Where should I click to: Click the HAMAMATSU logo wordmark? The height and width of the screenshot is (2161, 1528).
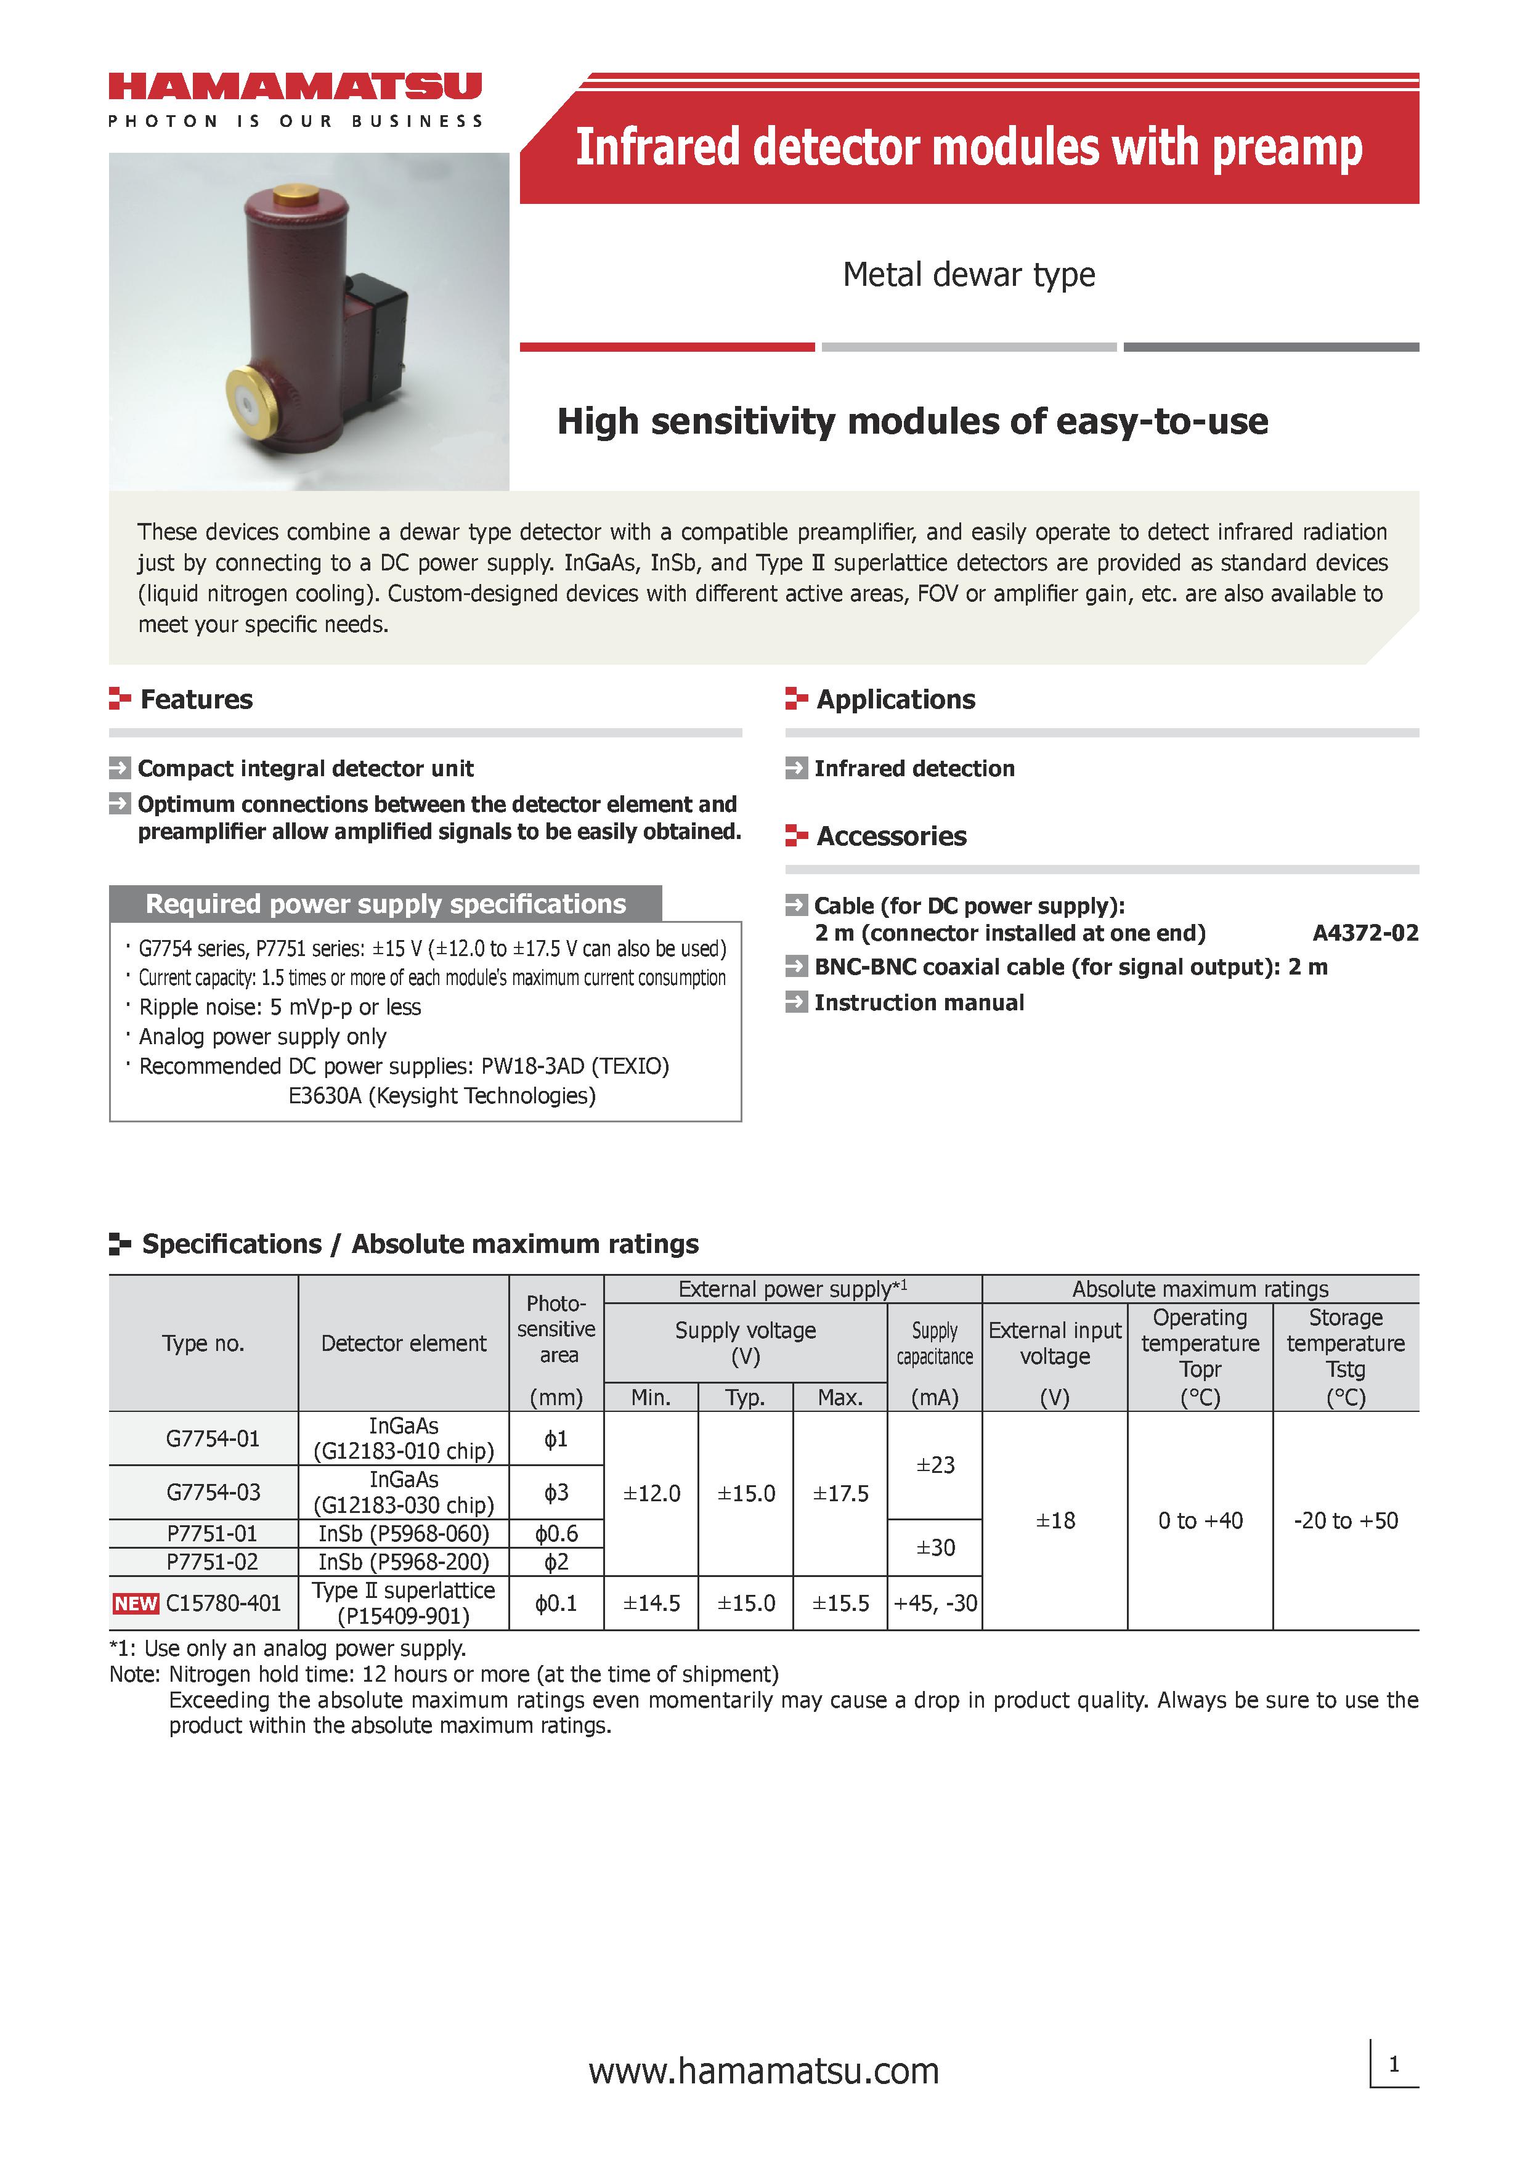(x=295, y=87)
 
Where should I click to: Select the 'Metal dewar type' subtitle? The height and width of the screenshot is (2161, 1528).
(x=968, y=275)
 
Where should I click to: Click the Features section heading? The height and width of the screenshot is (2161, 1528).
(x=196, y=699)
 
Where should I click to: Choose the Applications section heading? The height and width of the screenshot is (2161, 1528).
(x=895, y=699)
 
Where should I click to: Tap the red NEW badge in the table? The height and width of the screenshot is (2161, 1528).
(x=136, y=1603)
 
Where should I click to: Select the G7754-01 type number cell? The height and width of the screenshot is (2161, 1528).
(x=212, y=1438)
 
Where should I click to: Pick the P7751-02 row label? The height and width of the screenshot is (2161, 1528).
(x=212, y=1562)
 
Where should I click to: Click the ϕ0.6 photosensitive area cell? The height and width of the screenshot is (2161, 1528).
(x=556, y=1533)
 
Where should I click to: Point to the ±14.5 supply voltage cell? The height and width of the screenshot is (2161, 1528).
(x=651, y=1603)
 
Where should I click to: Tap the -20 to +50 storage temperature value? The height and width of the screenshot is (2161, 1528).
(x=1346, y=1520)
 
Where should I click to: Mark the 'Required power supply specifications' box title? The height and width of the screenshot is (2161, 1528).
(x=385, y=904)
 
